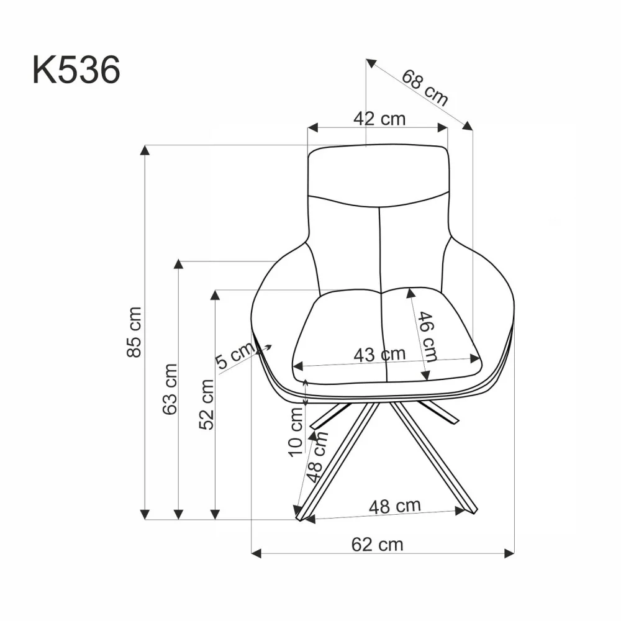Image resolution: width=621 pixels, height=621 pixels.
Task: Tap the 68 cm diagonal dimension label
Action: tap(425, 88)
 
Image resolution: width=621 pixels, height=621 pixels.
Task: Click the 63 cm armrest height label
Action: tap(170, 389)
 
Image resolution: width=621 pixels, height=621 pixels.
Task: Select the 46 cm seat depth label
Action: tap(428, 336)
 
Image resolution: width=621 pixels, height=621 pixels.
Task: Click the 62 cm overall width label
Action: tap(377, 545)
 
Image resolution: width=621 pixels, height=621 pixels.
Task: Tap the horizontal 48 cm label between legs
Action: tap(394, 506)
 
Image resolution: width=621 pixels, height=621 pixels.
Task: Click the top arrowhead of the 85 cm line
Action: tap(145, 150)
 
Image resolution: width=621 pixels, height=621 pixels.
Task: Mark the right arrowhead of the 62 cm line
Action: tap(510, 551)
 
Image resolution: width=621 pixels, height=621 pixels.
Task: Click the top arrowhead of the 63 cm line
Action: tap(179, 264)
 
